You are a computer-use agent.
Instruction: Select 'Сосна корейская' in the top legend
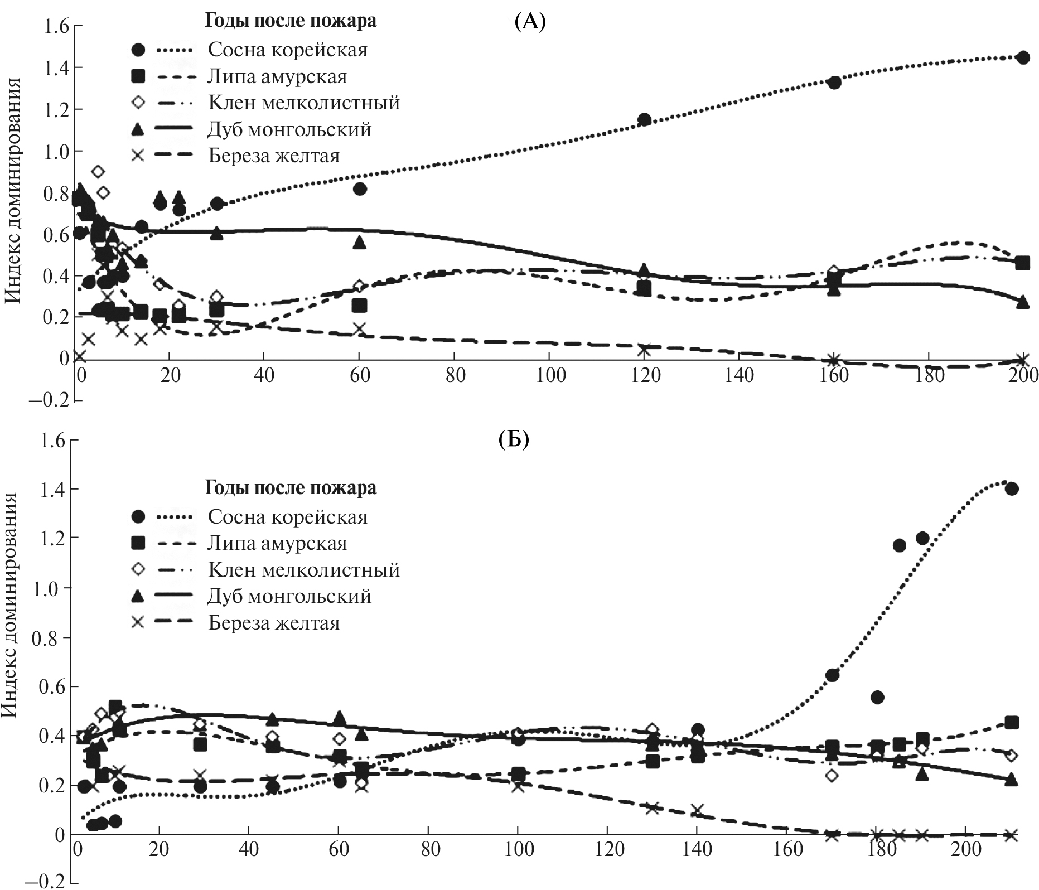pos(287,50)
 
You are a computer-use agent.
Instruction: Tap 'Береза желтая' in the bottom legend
pos(274,622)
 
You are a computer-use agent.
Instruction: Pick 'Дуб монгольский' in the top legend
pos(289,129)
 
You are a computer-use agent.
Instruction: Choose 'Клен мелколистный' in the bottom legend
pos(304,569)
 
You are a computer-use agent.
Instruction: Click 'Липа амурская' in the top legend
pos(277,76)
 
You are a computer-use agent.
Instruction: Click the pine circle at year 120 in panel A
pos(644,119)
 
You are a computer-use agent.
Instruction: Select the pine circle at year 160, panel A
pos(834,83)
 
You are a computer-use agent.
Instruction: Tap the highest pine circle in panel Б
pos(1012,488)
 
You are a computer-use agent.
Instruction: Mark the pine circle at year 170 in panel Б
pos(832,675)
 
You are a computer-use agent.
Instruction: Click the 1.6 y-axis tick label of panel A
pos(51,27)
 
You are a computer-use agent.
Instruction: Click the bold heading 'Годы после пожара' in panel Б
pos(291,487)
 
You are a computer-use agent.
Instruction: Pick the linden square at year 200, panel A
pos(1022,263)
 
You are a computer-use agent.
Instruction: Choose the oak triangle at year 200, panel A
pos(1022,302)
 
